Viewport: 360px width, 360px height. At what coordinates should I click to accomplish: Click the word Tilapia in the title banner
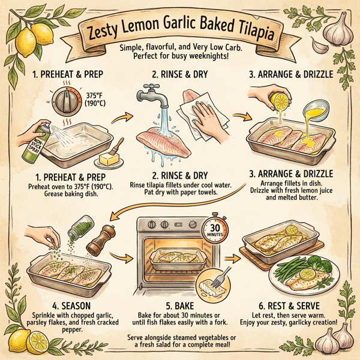[243, 32]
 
